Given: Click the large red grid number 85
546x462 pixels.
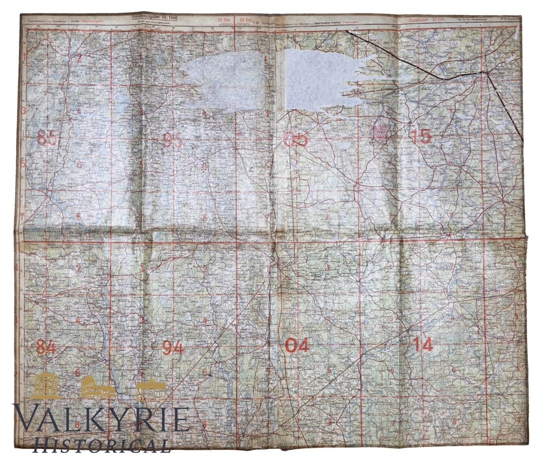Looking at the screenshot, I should (x=48, y=137).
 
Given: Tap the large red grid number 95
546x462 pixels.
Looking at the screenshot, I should (x=172, y=141).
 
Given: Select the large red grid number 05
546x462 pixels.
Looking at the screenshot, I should (x=295, y=140).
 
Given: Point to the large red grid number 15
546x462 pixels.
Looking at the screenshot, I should (x=420, y=136).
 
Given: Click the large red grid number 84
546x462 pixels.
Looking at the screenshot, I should (x=46, y=347).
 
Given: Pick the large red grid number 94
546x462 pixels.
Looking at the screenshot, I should (x=173, y=348).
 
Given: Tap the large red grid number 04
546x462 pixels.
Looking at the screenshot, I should (x=297, y=345).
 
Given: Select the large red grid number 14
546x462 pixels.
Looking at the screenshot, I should (x=422, y=344).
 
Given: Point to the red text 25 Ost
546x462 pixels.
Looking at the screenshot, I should (x=223, y=20).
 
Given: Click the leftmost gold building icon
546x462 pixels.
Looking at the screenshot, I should (x=45, y=386).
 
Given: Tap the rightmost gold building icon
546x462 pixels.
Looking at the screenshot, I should (x=151, y=389).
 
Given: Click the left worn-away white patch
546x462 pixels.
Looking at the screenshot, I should (x=226, y=79).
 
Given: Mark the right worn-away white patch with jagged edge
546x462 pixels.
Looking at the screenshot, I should (x=318, y=79).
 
